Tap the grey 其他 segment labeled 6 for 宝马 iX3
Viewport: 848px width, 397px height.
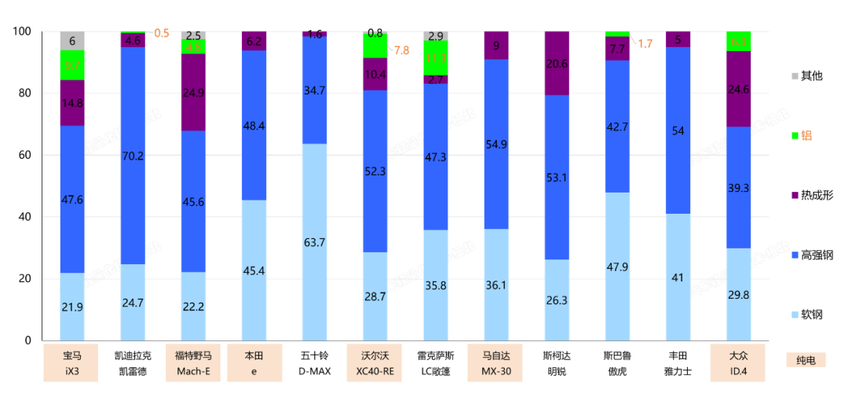coord(72,41)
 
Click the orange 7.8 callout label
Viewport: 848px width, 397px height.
coord(401,50)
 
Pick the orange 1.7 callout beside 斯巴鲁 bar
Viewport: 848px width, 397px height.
coord(645,44)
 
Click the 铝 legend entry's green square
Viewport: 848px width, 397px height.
coord(795,135)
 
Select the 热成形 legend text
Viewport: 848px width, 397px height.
coord(817,194)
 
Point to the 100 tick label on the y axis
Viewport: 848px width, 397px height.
coord(21,31)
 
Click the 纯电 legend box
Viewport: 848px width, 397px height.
coord(806,360)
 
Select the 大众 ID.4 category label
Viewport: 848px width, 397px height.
coord(737,363)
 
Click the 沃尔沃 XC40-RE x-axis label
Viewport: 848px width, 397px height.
coord(375,363)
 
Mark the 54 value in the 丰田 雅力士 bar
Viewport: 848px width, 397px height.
coord(677,130)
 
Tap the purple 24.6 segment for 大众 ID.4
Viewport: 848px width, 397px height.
coord(738,90)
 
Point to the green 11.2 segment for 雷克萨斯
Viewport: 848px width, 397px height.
coord(435,57)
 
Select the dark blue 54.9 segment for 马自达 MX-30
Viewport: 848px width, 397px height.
coord(495,144)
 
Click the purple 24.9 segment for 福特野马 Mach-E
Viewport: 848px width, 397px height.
coord(193,93)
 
